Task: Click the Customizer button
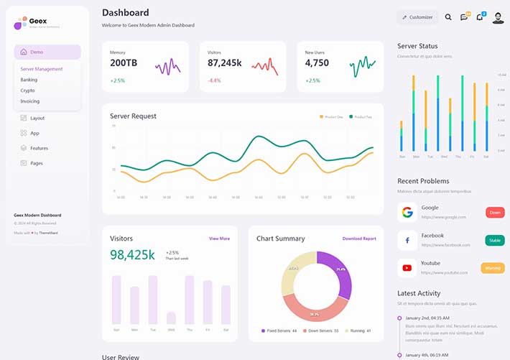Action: click(417, 17)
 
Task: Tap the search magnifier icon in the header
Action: click(448, 17)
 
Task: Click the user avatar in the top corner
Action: click(498, 17)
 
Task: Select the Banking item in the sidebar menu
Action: click(29, 80)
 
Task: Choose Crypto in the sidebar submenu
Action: click(27, 91)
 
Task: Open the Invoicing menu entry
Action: click(30, 101)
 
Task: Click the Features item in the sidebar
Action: click(39, 148)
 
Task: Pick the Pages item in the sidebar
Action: click(36, 163)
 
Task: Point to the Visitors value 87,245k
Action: click(224, 63)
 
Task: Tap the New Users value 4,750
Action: click(317, 63)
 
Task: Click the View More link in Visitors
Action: click(219, 239)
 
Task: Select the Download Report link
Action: click(359, 239)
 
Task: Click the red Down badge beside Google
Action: click(495, 213)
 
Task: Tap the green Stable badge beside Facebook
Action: click(495, 240)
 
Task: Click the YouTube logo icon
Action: click(407, 268)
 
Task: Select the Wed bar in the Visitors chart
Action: click(171, 318)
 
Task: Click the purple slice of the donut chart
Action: click(339, 273)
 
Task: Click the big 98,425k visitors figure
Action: click(132, 255)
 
